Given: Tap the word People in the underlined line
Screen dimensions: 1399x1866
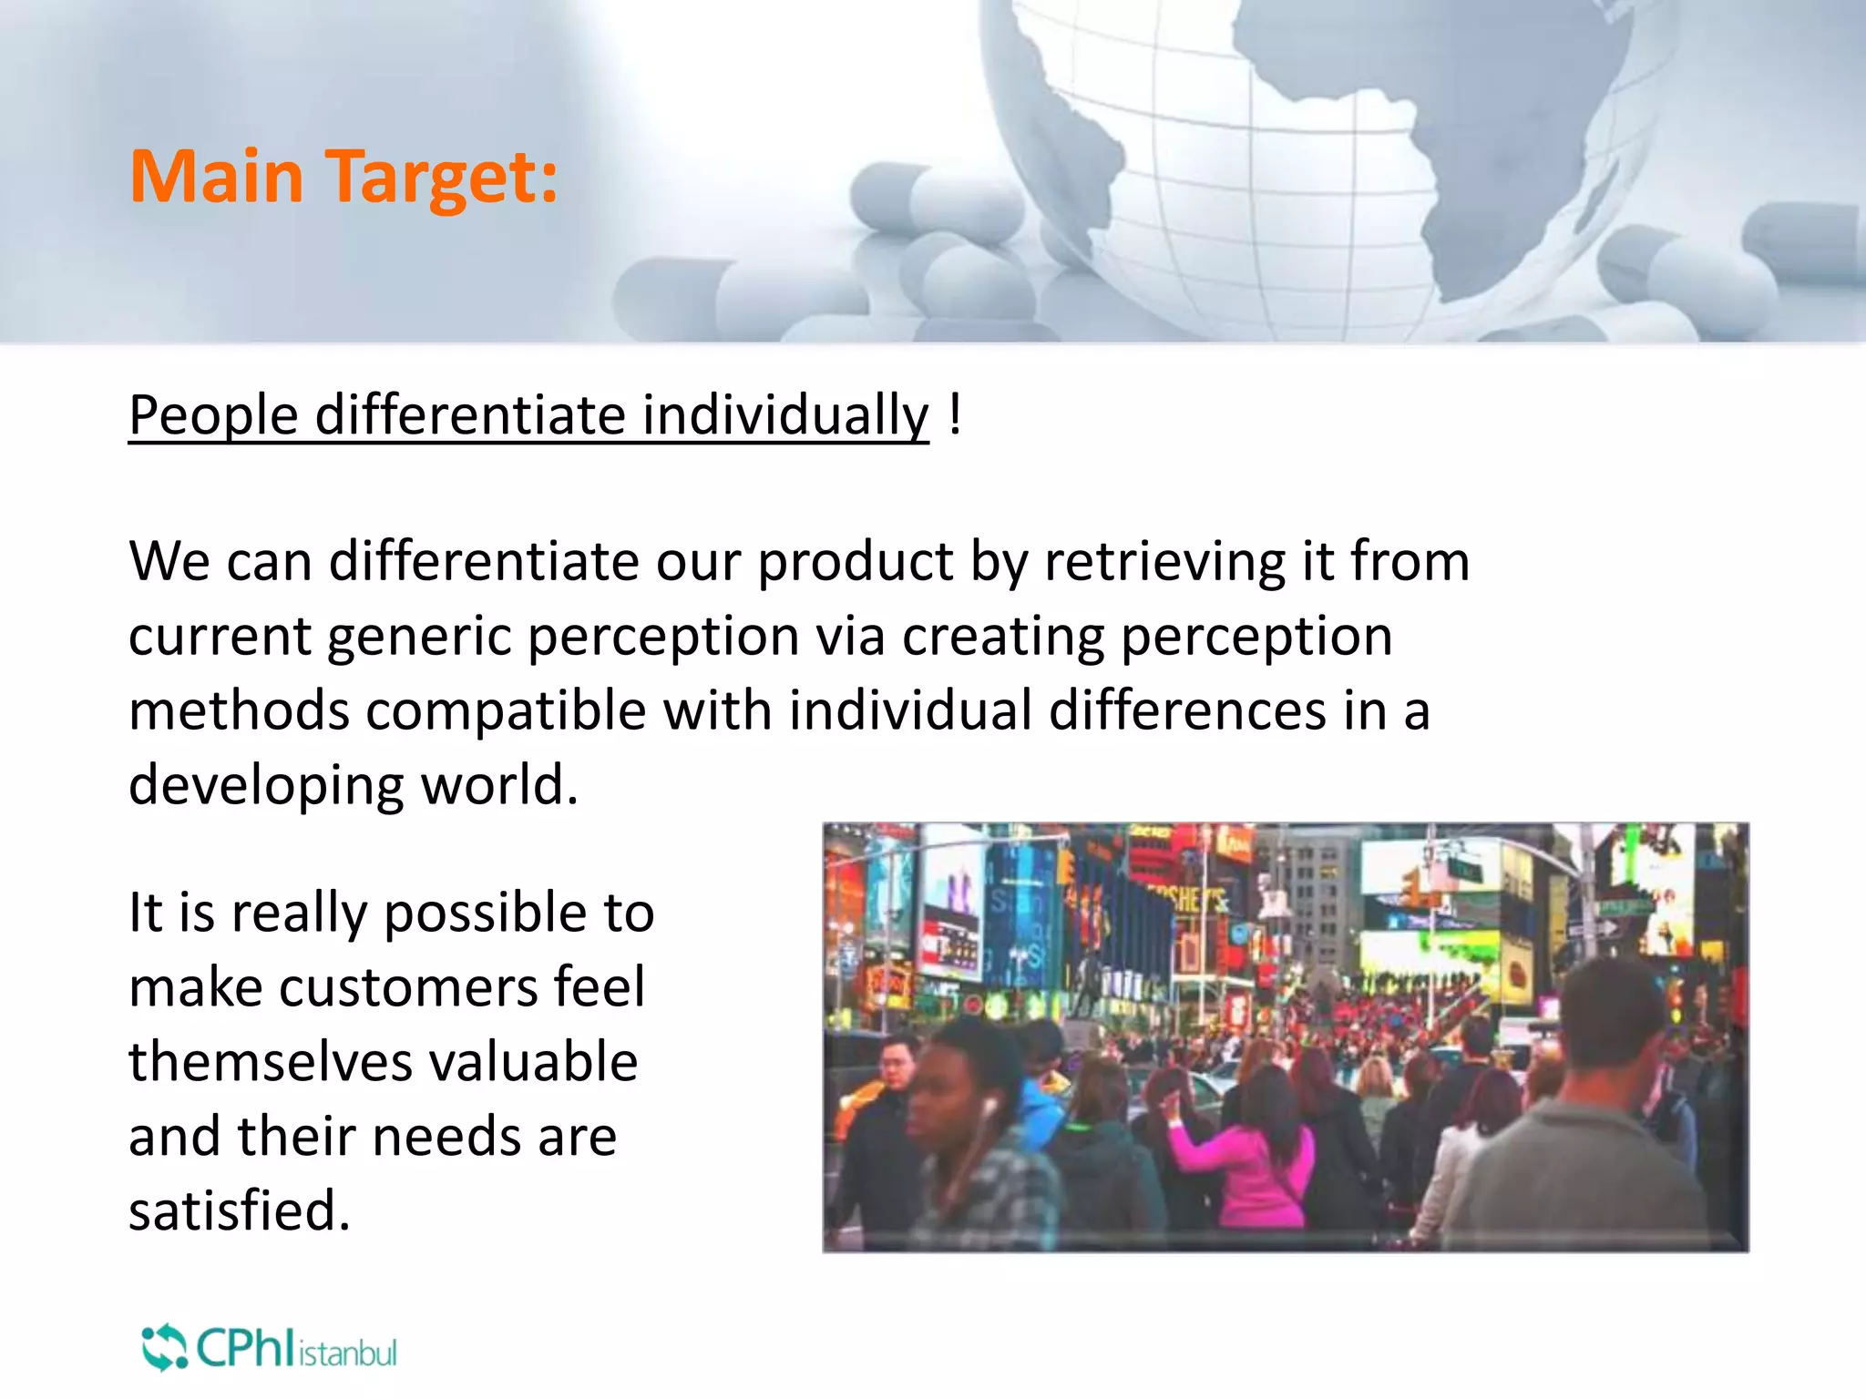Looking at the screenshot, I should [x=213, y=416].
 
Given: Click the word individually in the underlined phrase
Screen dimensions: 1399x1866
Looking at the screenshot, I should [x=785, y=416].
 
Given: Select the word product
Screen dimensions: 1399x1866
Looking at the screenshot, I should [x=856, y=562].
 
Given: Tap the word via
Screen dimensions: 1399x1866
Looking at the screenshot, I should [x=850, y=636].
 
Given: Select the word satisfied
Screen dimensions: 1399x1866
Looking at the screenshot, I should [x=239, y=1211].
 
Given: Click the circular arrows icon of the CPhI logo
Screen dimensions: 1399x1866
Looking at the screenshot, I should [x=164, y=1348].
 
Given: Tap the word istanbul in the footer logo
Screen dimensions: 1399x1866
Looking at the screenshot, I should [x=348, y=1353].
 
